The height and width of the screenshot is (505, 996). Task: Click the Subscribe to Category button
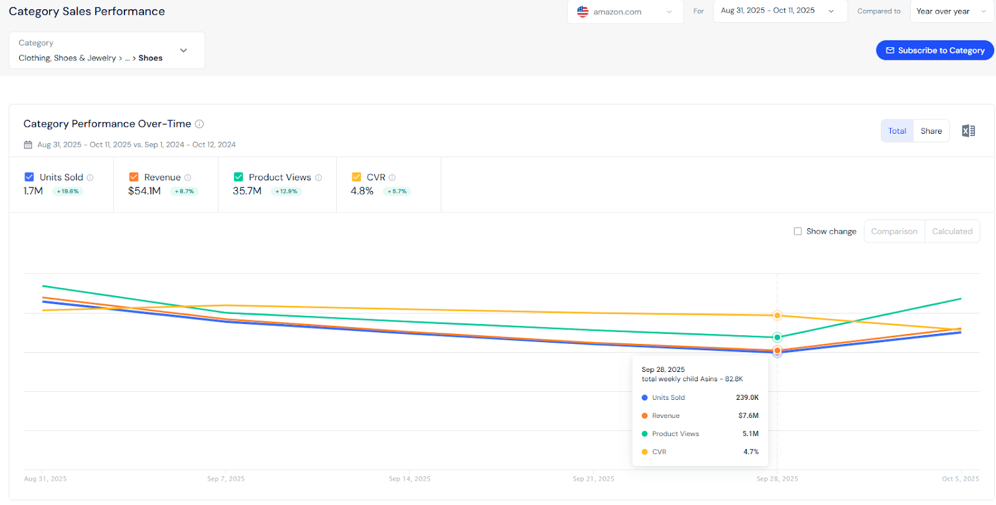[x=934, y=50]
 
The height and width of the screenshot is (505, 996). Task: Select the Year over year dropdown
[x=951, y=11]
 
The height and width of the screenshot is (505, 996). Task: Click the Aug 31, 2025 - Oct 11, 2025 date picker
[x=778, y=11]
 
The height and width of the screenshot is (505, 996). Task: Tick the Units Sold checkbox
[x=29, y=177]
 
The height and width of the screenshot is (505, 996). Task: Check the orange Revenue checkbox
[x=134, y=177]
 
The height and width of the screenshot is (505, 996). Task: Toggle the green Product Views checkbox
[x=238, y=177]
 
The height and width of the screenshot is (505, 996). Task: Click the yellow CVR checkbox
[x=357, y=177]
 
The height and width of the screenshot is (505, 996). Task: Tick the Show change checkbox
[x=797, y=231]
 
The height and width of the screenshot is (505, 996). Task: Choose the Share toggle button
[x=931, y=131]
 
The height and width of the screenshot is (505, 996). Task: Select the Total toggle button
[x=897, y=131]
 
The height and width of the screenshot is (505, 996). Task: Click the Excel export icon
[x=968, y=131]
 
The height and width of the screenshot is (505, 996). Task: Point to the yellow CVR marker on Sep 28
[x=777, y=316]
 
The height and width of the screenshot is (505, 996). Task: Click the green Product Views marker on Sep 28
[x=777, y=337]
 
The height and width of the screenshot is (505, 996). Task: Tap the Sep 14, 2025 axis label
[x=410, y=479]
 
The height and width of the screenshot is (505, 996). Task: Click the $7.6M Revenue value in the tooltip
[x=748, y=415]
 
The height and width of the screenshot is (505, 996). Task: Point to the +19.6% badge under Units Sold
[x=68, y=192]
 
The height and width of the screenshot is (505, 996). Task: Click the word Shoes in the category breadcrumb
[x=150, y=58]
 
